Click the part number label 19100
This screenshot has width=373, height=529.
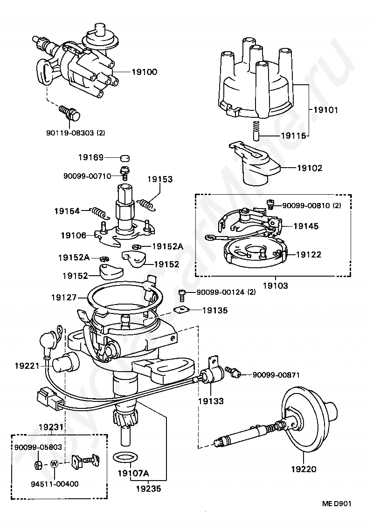(144, 72)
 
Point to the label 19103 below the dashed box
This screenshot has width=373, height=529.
(276, 286)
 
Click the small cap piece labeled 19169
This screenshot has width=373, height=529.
(125, 157)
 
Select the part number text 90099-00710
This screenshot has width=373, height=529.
(87, 176)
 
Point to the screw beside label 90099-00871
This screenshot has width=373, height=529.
(234, 372)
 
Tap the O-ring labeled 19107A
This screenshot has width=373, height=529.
(124, 458)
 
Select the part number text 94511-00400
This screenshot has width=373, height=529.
(55, 484)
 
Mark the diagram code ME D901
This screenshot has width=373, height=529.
(337, 504)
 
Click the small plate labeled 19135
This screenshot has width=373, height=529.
(181, 309)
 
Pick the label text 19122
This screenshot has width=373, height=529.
(309, 254)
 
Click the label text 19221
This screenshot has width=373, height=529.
(28, 366)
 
